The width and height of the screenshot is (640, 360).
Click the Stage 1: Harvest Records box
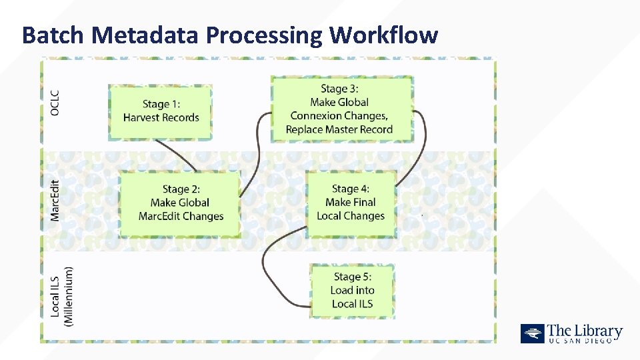click(x=161, y=111)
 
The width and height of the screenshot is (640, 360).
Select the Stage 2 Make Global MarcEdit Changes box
click(x=180, y=203)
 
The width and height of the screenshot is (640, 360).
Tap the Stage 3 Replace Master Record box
click(x=341, y=109)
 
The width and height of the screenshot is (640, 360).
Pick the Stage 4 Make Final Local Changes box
click(x=351, y=202)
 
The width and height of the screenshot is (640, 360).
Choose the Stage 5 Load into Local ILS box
click(x=353, y=291)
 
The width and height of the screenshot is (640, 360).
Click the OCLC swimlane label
click(x=55, y=103)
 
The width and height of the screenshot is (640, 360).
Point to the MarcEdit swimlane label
click(x=55, y=200)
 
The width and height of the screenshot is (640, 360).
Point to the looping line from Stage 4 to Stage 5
click(x=267, y=267)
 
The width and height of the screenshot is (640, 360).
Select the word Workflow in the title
click(x=383, y=34)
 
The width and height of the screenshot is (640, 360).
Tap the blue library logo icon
click(x=532, y=333)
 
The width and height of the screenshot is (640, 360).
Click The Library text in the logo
click(x=585, y=331)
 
